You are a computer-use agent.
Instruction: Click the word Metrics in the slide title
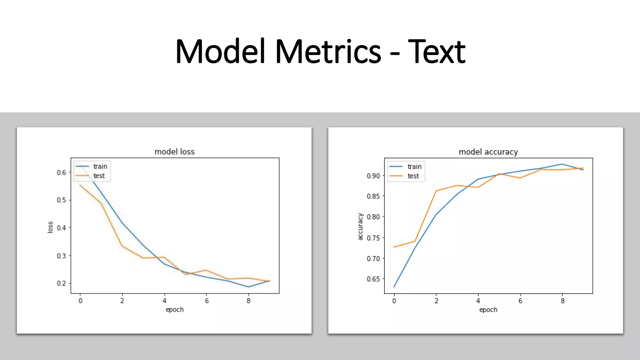click(x=328, y=52)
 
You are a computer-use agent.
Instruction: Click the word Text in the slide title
click(x=437, y=52)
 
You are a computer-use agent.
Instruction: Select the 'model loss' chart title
click(x=174, y=152)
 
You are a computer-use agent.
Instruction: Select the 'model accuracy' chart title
click(x=488, y=152)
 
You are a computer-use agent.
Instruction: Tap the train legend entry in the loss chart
click(x=100, y=167)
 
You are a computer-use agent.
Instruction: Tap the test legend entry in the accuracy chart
click(x=413, y=176)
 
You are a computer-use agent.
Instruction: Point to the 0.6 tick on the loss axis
click(x=61, y=172)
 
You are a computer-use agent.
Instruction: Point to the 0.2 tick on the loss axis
click(x=61, y=283)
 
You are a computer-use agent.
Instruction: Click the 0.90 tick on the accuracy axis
click(x=373, y=176)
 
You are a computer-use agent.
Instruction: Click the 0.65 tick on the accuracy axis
click(x=373, y=279)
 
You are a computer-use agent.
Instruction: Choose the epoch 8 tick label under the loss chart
click(x=248, y=301)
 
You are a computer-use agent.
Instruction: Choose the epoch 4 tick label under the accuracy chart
click(x=478, y=301)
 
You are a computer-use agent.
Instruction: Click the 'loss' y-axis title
click(x=50, y=227)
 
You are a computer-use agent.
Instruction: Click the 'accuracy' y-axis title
click(x=360, y=227)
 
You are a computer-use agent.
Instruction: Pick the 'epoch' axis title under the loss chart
click(x=174, y=310)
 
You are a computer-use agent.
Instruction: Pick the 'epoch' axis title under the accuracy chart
click(x=488, y=310)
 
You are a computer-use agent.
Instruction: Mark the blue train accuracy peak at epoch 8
click(x=562, y=164)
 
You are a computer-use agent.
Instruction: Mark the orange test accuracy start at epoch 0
click(x=394, y=247)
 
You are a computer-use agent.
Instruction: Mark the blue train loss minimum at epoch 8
click(x=248, y=287)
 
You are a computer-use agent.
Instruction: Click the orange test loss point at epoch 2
click(x=122, y=246)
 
